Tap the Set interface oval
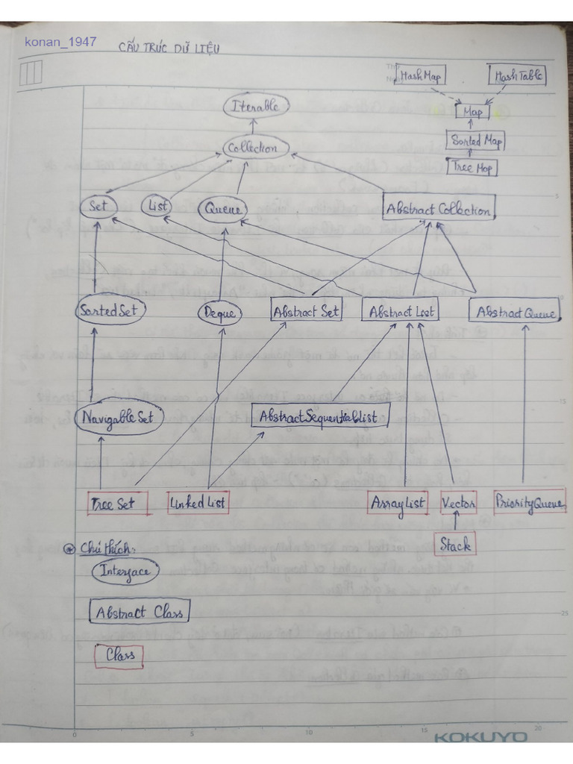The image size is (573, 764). pyautogui.click(x=98, y=207)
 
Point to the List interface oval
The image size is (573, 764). pyautogui.click(x=158, y=207)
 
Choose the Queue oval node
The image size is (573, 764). pyautogui.click(x=222, y=210)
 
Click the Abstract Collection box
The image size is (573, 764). pyautogui.click(x=439, y=210)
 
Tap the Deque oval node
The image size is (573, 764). pyautogui.click(x=219, y=314)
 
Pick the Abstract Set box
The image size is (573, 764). pyautogui.click(x=306, y=311)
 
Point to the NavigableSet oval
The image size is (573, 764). pyautogui.click(x=117, y=418)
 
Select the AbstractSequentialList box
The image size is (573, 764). pyautogui.click(x=321, y=416)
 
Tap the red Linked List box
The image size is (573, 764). pyautogui.click(x=198, y=503)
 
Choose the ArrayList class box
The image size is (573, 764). pyautogui.click(x=398, y=503)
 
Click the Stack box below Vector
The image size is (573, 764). pyautogui.click(x=455, y=545)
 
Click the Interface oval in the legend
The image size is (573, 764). pyautogui.click(x=125, y=572)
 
